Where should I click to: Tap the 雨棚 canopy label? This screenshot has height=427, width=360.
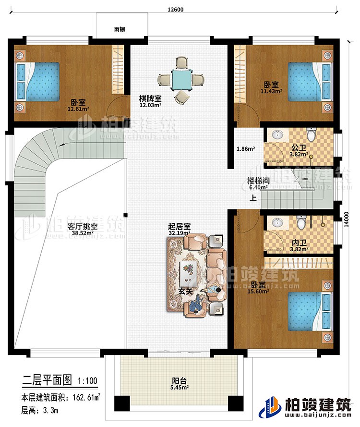tap(120, 29)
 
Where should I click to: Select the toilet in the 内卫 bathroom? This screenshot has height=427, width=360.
tap(301, 223)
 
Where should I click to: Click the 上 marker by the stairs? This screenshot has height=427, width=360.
tap(252, 197)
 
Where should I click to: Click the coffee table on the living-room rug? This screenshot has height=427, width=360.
tap(188, 271)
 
